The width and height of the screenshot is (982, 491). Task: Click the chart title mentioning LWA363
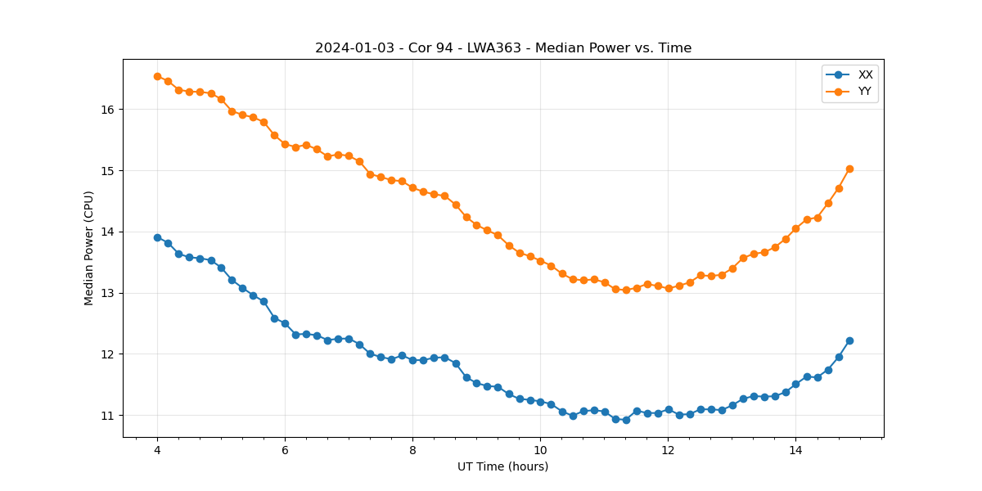pos(503,48)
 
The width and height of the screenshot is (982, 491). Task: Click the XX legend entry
pos(865,74)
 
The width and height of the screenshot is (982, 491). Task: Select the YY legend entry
pos(865,92)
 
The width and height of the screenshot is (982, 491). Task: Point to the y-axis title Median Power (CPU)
pos(89,248)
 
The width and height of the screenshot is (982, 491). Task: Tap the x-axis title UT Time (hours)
pos(502,466)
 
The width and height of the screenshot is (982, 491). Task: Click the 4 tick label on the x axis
pos(157,450)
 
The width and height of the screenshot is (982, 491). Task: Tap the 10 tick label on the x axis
pos(540,450)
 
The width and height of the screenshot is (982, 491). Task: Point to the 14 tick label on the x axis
pos(795,450)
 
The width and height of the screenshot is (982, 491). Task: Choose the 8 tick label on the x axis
pos(412,450)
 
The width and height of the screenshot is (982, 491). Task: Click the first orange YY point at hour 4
pos(157,76)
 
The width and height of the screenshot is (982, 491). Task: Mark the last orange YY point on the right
pos(849,169)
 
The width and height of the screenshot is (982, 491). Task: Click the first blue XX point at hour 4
pos(157,237)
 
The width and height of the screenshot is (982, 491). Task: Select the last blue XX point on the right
pos(849,340)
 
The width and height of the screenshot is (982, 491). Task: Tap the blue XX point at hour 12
pos(669,409)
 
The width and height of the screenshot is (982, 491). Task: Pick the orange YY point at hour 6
pos(285,144)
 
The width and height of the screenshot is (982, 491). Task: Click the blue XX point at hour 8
pos(412,360)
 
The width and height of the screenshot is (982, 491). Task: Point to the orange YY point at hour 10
pos(540,261)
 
